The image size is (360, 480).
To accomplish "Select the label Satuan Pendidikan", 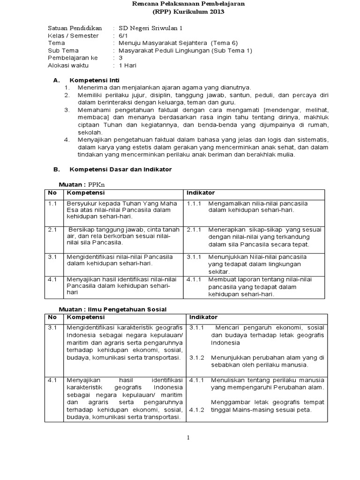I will [75, 28].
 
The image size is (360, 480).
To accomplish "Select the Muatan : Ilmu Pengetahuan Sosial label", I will [112, 309].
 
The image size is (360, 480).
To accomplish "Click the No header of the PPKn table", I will [52, 193].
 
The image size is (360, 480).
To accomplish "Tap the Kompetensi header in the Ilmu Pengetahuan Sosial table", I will [86, 317].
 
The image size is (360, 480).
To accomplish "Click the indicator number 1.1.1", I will [194, 203].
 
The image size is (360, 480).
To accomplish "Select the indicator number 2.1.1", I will [194, 230].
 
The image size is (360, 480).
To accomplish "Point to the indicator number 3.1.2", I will [197, 358].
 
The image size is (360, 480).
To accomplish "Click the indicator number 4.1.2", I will [197, 410].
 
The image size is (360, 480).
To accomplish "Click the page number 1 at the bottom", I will [188, 438].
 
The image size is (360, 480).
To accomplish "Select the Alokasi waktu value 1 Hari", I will [127, 66].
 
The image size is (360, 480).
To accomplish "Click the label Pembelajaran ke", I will [73, 58].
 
